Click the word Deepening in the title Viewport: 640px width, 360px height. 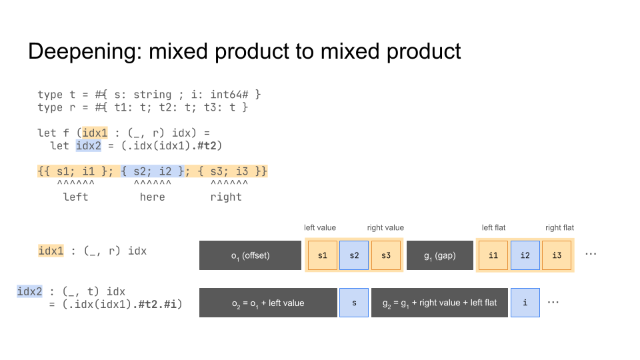pyautogui.click(x=85, y=52)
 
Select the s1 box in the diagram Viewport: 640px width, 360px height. pyautogui.click(x=323, y=255)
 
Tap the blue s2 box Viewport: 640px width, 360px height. pyautogui.click(x=354, y=255)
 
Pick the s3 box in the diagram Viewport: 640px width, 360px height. pyautogui.click(x=386, y=255)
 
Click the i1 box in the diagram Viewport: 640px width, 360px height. pyautogui.click(x=493, y=255)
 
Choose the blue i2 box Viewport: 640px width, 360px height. pyautogui.click(x=525, y=255)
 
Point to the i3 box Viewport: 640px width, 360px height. pyautogui.click(x=557, y=255)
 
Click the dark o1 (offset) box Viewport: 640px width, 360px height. pyautogui.click(x=250, y=255)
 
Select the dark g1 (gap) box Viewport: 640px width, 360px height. pyautogui.click(x=440, y=255)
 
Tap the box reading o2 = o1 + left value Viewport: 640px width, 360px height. pyautogui.click(x=268, y=303)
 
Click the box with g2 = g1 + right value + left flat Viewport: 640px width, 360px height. pyautogui.click(x=439, y=303)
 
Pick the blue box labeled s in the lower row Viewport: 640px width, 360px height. pyautogui.click(x=354, y=303)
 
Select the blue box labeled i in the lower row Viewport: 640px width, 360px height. pyautogui.click(x=525, y=303)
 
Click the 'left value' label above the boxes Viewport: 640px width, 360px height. pyautogui.click(x=320, y=228)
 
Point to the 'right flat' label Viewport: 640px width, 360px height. pyautogui.click(x=559, y=228)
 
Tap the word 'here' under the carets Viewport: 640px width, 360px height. pyautogui.click(x=152, y=197)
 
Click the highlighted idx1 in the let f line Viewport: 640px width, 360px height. pyautogui.click(x=95, y=133)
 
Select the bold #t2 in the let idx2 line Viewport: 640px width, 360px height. pyautogui.click(x=209, y=146)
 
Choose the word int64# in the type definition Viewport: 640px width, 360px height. pyautogui.click(x=229, y=95)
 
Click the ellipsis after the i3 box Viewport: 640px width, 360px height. pyautogui.click(x=591, y=254)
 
